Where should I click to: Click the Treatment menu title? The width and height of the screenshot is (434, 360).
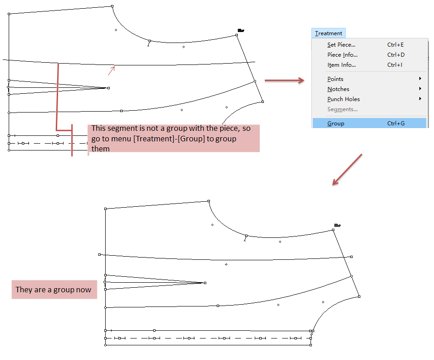(x=328, y=33)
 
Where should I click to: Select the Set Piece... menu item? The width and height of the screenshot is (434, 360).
(x=341, y=45)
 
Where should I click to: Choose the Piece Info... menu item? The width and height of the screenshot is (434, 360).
(x=342, y=55)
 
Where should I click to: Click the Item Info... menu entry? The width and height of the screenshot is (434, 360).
(x=341, y=65)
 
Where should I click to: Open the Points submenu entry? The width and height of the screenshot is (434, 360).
(x=335, y=79)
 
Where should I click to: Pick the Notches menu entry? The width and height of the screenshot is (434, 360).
(x=338, y=89)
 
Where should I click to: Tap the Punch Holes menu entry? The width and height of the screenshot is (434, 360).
(x=343, y=99)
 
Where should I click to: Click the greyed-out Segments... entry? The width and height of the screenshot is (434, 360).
(x=342, y=109)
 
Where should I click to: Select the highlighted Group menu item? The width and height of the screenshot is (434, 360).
(x=336, y=124)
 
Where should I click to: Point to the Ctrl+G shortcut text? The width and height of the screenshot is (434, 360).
(x=396, y=124)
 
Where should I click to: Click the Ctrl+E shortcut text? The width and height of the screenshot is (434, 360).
(x=396, y=45)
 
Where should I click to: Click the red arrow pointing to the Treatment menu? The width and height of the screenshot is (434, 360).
(x=284, y=81)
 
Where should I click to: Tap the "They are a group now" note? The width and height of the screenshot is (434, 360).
(x=54, y=290)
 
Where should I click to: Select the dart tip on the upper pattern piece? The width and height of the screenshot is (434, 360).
(x=108, y=88)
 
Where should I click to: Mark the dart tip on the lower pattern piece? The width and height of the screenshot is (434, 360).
(x=204, y=283)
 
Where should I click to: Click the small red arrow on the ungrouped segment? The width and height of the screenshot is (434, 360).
(x=111, y=70)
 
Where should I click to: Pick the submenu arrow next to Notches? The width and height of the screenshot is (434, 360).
(x=420, y=89)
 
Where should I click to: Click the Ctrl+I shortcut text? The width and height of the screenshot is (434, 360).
(x=395, y=65)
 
